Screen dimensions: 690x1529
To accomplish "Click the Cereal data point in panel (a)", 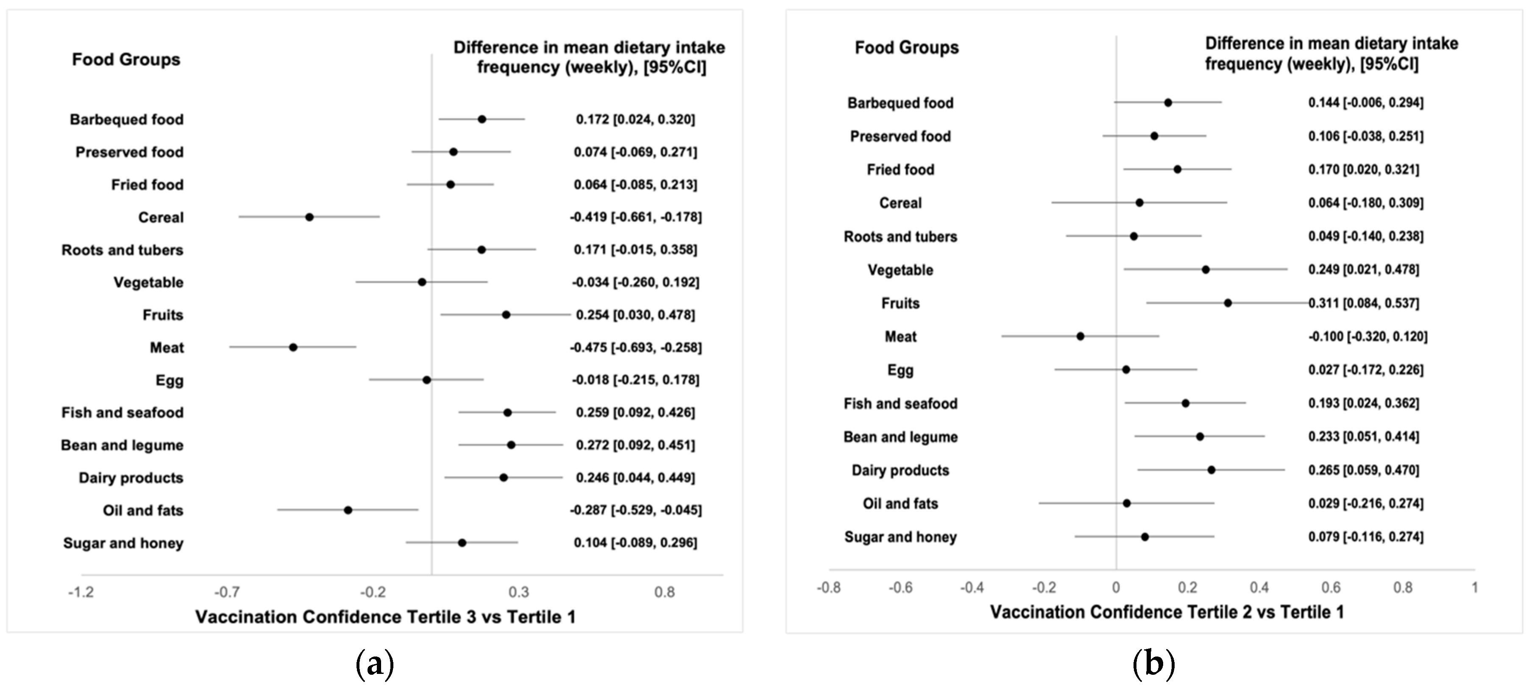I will pos(309,217).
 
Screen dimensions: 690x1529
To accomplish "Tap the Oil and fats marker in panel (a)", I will pos(348,510).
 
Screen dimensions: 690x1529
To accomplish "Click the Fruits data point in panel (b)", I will pos(1228,303).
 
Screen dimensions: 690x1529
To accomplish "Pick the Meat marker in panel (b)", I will pos(1080,337).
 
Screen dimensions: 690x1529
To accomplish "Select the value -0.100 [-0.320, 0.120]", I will pos(1367,337).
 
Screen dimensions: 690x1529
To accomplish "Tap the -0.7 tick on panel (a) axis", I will pos(227,592).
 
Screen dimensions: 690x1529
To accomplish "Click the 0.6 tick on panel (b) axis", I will pos(1331,587).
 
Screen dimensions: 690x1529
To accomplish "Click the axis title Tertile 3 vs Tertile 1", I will pos(385,617).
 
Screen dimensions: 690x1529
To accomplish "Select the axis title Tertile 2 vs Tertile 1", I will pos(1167,612).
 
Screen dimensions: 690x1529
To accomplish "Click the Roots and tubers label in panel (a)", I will pos(122,250).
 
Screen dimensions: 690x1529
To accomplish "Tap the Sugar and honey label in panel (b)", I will pos(900,537).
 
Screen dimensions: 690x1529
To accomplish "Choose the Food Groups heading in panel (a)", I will pos(126,59).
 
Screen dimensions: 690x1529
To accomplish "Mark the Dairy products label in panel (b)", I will pos(900,470).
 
